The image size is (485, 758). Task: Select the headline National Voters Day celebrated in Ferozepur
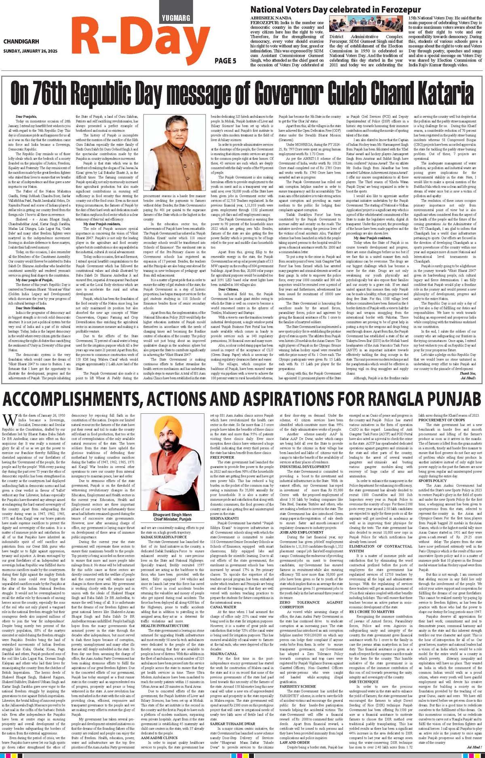[x=336, y=10]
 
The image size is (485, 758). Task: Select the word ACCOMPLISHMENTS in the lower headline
[x=75, y=399]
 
